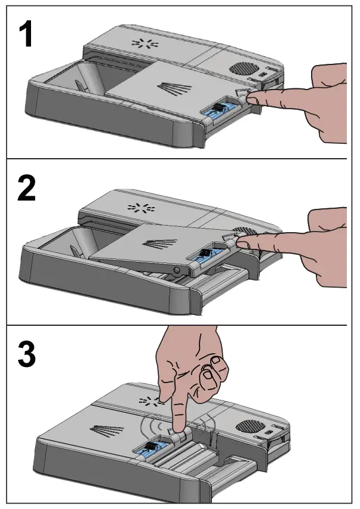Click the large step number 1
click(26, 33)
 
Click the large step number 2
click(26, 190)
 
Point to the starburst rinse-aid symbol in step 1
click(145, 44)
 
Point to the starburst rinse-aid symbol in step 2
click(141, 208)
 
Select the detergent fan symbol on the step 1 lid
click(174, 89)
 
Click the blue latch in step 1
click(219, 110)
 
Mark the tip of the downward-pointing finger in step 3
click(177, 430)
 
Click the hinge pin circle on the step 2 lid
click(177, 270)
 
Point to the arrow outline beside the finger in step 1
click(242, 92)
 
